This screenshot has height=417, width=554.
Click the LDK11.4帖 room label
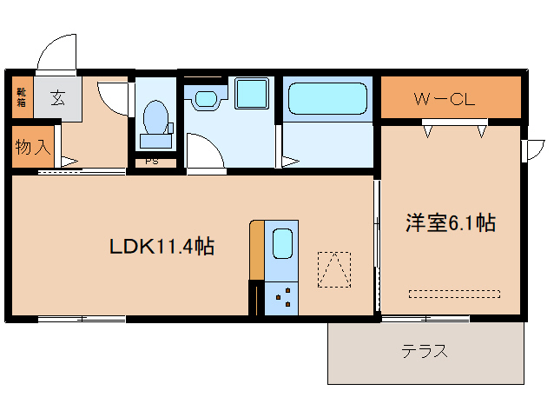coord(162,247)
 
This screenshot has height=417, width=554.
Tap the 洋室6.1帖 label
coord(450,223)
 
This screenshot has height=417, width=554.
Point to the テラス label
coord(425,352)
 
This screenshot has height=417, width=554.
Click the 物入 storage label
coord(31,147)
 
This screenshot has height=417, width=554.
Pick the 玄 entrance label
coord(57,97)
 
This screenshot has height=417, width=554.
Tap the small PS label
coord(151,162)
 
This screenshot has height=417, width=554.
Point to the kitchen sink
coord(282,244)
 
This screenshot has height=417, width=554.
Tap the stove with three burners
coord(281,298)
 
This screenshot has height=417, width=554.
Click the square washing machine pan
coord(253,93)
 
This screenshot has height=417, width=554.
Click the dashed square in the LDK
coord(334,269)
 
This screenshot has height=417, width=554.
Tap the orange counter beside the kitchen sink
coord(256,249)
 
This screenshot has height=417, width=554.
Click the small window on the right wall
coord(526,149)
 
